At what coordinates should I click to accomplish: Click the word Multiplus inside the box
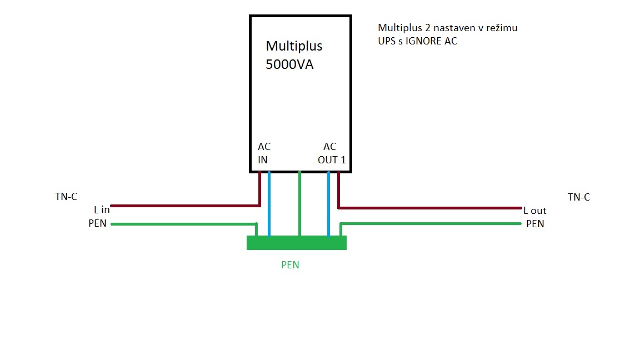point(294,46)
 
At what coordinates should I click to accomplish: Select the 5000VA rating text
point(289,64)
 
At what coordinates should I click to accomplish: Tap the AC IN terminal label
point(264,153)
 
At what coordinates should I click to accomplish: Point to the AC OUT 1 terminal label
point(331,153)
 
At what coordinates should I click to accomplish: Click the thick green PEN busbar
point(297,243)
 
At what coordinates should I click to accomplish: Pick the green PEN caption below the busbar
point(290,265)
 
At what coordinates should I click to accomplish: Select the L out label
point(535,211)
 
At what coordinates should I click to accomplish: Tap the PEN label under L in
point(97,224)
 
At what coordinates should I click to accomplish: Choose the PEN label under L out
point(535,224)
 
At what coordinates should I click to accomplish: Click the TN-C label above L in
point(66,197)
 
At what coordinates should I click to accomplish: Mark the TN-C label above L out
point(579,197)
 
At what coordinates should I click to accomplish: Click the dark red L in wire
point(183,206)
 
